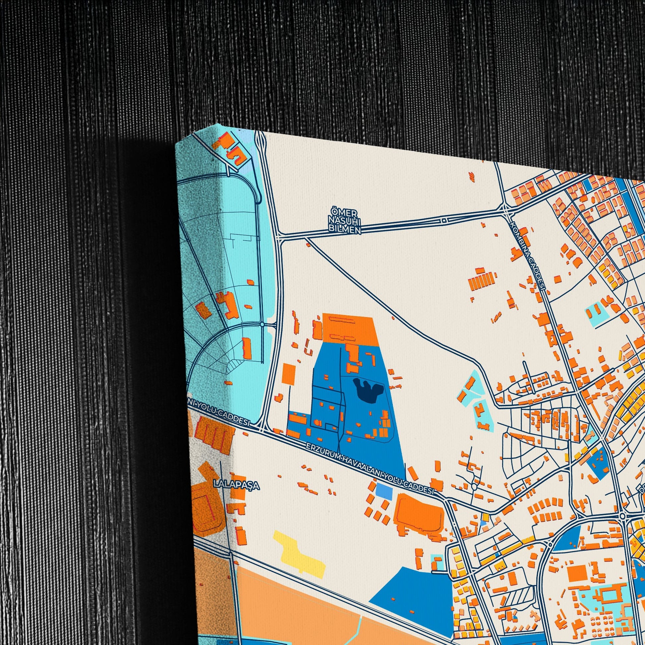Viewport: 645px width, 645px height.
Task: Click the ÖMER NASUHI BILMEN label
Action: [344, 222]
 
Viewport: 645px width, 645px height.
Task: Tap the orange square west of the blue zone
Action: [289, 375]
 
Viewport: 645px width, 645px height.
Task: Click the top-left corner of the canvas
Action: [176, 144]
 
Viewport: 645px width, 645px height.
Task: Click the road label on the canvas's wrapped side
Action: [219, 413]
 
